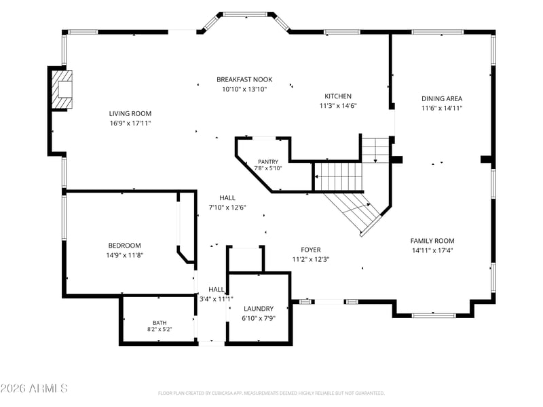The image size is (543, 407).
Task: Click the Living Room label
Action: (130, 113)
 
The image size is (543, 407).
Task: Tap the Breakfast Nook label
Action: (244, 79)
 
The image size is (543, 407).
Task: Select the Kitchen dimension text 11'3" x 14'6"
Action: (338, 106)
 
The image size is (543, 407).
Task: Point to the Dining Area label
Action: (442, 98)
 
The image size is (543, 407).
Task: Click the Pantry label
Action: (268, 161)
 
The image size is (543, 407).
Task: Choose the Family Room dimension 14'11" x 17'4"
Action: (432, 250)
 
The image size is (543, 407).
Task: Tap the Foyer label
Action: (311, 250)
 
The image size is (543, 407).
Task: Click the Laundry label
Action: (259, 309)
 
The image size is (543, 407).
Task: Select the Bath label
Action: (160, 323)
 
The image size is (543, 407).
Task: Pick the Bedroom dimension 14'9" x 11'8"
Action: (125, 256)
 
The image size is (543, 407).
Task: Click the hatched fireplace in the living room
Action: (62, 90)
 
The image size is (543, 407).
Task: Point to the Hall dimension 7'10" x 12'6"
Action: (227, 208)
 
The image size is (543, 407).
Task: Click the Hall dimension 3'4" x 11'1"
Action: (217, 299)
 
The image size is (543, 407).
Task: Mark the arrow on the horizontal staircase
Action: (338, 177)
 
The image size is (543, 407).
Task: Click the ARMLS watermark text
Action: (34, 388)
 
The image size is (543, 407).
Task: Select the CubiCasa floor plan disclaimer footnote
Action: (271, 393)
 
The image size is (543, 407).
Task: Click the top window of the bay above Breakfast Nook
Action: (246, 14)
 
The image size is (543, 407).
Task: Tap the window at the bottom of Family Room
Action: (434, 315)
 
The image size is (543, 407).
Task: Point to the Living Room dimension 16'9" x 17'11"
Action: (130, 123)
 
